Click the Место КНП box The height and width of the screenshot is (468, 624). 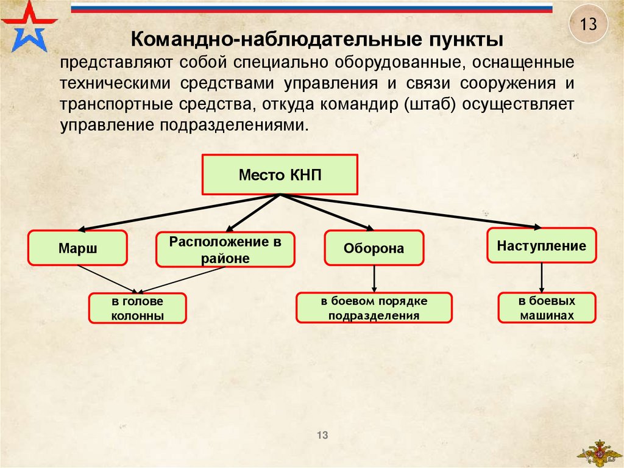(280, 175)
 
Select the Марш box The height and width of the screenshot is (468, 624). (78, 248)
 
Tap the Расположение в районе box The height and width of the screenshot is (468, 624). (225, 250)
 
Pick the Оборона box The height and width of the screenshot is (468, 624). (374, 248)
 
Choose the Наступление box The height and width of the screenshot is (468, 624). (541, 246)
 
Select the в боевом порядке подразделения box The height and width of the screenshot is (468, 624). (374, 308)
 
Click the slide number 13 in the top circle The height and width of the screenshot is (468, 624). (588, 26)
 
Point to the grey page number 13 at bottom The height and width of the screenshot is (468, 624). (322, 435)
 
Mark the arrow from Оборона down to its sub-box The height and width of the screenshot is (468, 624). (374, 279)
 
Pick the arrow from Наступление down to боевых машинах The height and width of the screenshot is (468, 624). (542, 278)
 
